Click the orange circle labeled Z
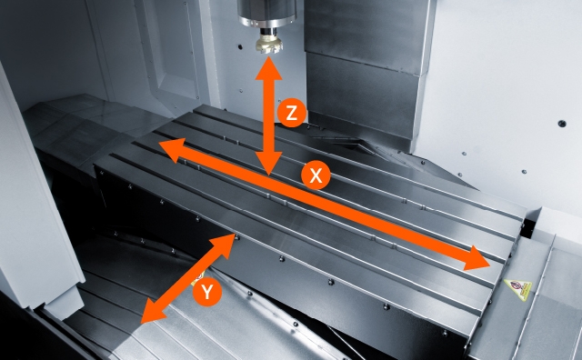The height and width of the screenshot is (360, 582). (x=291, y=113)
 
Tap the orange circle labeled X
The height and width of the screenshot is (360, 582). (x=316, y=175)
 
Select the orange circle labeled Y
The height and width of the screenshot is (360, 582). (x=207, y=291)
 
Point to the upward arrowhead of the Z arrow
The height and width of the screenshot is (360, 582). (x=268, y=69)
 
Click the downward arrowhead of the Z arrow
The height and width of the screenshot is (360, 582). (x=269, y=164)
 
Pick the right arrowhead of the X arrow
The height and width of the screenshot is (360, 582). (x=477, y=258)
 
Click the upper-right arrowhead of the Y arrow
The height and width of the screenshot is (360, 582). (x=225, y=245)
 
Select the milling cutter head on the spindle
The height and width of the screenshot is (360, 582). (x=269, y=43)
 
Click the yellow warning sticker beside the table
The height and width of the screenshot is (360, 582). (x=518, y=289)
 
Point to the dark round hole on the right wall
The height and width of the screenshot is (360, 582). (x=562, y=124)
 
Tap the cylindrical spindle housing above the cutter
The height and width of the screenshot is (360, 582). (x=266, y=15)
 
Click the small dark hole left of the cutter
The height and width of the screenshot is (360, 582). (x=240, y=47)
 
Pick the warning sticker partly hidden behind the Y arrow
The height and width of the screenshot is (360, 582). (x=198, y=280)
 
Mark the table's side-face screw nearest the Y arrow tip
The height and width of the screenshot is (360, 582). (x=237, y=237)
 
